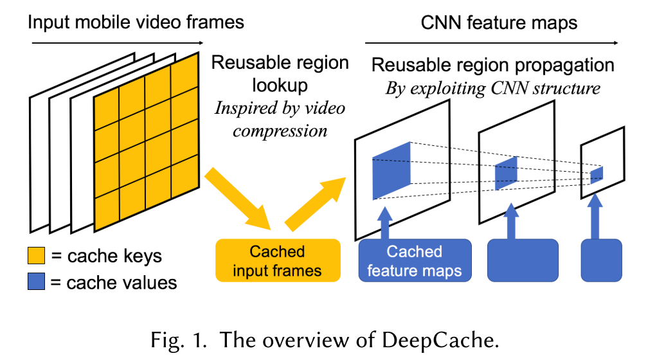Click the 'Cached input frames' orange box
click(x=277, y=260)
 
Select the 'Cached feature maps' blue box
click(x=415, y=260)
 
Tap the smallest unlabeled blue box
click(x=601, y=260)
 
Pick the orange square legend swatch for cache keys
click(x=36, y=256)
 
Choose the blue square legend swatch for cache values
click(x=36, y=282)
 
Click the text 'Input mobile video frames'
click(x=136, y=22)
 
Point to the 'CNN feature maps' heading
click(x=499, y=23)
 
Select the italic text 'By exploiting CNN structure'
click(x=492, y=88)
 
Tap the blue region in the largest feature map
click(x=390, y=170)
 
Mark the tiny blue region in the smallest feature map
click(x=597, y=174)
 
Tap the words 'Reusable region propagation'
click(x=492, y=65)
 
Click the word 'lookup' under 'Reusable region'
click(x=280, y=85)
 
